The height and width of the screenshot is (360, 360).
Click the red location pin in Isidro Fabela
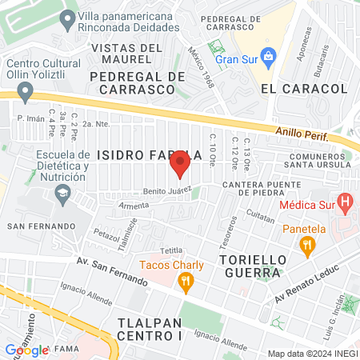180,164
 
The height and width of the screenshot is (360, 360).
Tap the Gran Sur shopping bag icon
268,58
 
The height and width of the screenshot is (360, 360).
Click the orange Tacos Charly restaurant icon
186,280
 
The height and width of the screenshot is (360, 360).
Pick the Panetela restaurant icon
305,248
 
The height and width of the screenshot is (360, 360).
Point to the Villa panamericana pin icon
70,18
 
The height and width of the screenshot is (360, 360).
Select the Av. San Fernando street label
112,272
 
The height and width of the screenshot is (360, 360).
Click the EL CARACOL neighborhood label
304,88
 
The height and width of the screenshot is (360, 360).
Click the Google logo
26,350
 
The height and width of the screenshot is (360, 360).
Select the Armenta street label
112,205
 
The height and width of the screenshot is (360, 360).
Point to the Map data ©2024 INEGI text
311,353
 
